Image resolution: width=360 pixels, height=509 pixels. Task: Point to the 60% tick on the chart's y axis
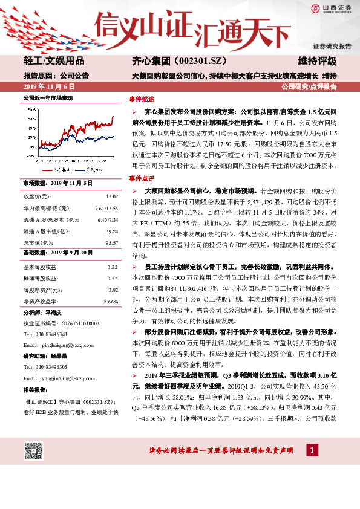pos(31,120)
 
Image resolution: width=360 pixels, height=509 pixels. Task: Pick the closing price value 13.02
pos(111,196)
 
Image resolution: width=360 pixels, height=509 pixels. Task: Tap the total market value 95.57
pos(111,242)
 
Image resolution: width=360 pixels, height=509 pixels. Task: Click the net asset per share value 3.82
pos(113,289)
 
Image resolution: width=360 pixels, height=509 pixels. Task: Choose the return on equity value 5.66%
pos(110,300)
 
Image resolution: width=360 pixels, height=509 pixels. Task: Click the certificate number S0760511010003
pos(73,323)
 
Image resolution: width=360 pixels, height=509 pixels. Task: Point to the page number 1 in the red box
pos(311,450)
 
